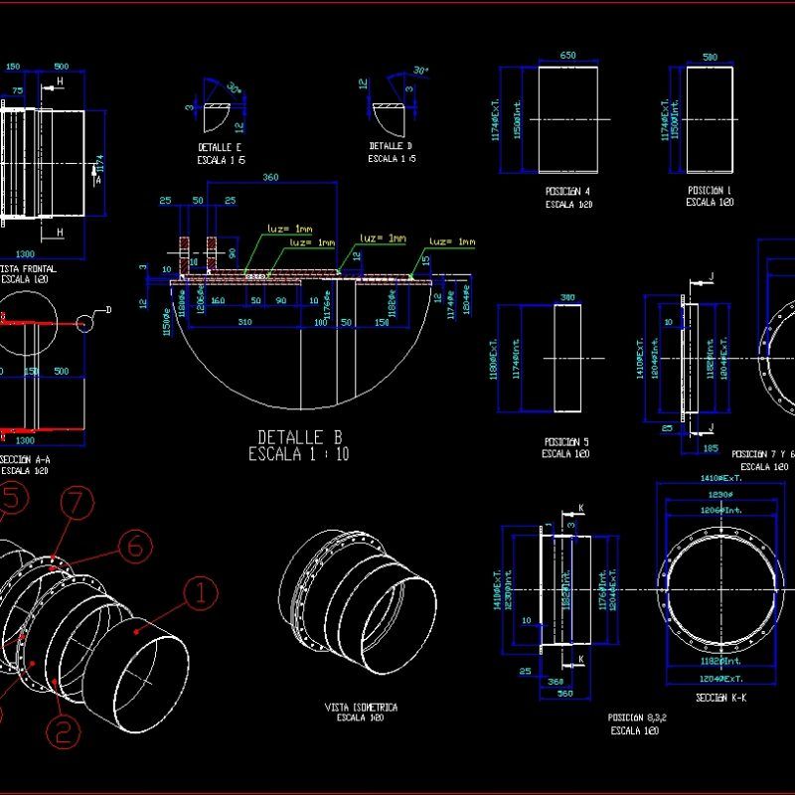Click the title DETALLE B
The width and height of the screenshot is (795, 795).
[299, 436]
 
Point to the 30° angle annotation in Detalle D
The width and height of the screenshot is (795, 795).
[420, 71]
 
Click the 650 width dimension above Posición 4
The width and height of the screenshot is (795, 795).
[568, 56]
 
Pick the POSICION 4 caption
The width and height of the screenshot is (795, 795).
[568, 191]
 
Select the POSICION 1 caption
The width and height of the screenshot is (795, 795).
[710, 189]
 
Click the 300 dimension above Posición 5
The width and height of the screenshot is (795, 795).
[567, 297]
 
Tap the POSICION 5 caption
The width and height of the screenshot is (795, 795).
[567, 441]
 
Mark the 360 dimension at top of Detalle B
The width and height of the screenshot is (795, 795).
[269, 178]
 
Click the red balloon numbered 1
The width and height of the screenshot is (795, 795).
[202, 594]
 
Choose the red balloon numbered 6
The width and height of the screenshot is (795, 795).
[136, 545]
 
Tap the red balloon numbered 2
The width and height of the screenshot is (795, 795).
[62, 732]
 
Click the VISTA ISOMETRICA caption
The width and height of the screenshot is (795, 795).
[362, 707]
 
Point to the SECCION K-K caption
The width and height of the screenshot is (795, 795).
[723, 697]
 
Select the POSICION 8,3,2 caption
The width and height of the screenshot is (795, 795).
[637, 716]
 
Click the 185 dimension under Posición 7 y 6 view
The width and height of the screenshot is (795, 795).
[710, 449]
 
